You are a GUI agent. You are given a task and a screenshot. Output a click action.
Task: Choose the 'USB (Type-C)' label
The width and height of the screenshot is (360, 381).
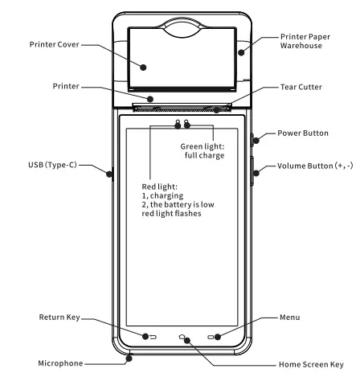coord(39,167)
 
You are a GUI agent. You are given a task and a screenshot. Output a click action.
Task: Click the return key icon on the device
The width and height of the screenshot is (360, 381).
coord(149,337)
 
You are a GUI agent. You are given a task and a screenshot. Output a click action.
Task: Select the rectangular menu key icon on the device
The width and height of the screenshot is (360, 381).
coord(212,337)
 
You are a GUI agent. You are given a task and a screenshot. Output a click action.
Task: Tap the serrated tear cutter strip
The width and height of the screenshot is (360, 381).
coord(181,108)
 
